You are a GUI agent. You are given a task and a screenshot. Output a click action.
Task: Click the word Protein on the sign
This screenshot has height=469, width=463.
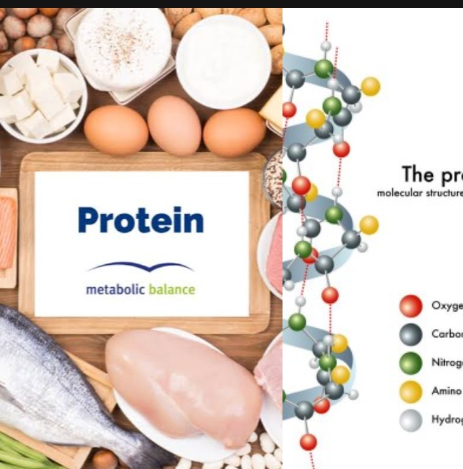pyautogui.click(x=141, y=220)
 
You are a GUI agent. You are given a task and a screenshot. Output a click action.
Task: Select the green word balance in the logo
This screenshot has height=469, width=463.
pyautogui.click(x=171, y=288)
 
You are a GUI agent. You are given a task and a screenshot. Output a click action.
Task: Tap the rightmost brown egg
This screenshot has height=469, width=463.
pyautogui.click(x=234, y=132)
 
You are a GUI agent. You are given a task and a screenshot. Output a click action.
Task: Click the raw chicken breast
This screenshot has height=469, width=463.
pyautogui.click(x=183, y=386)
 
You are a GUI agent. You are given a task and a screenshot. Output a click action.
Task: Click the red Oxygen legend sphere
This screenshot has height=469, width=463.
pyautogui.click(x=411, y=306)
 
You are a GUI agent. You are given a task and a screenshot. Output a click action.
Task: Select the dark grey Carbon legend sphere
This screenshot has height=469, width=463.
pyautogui.click(x=411, y=334)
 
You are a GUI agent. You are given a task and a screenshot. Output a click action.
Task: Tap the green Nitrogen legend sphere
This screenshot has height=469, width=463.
pyautogui.click(x=411, y=362)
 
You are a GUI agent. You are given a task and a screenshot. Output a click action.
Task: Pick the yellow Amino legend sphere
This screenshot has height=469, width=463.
pyautogui.click(x=411, y=391)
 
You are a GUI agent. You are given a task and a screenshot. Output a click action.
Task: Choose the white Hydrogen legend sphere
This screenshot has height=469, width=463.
pyautogui.click(x=411, y=420)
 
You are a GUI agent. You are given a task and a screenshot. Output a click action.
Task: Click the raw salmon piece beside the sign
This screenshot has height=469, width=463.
pyautogui.click(x=8, y=233)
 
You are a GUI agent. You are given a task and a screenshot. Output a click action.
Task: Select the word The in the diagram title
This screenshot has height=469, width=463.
pyautogui.click(x=417, y=175)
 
